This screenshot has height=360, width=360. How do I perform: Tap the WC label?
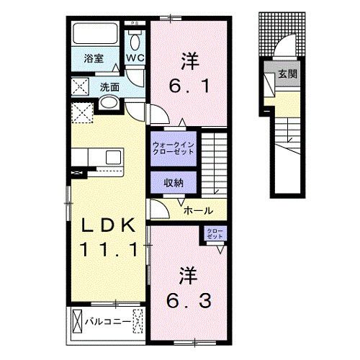tap(135, 58)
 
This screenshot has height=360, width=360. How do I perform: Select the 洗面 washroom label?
tap(109, 88)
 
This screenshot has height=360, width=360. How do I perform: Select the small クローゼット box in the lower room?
tap(215, 233)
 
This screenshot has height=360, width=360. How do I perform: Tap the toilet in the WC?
tap(135, 37)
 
